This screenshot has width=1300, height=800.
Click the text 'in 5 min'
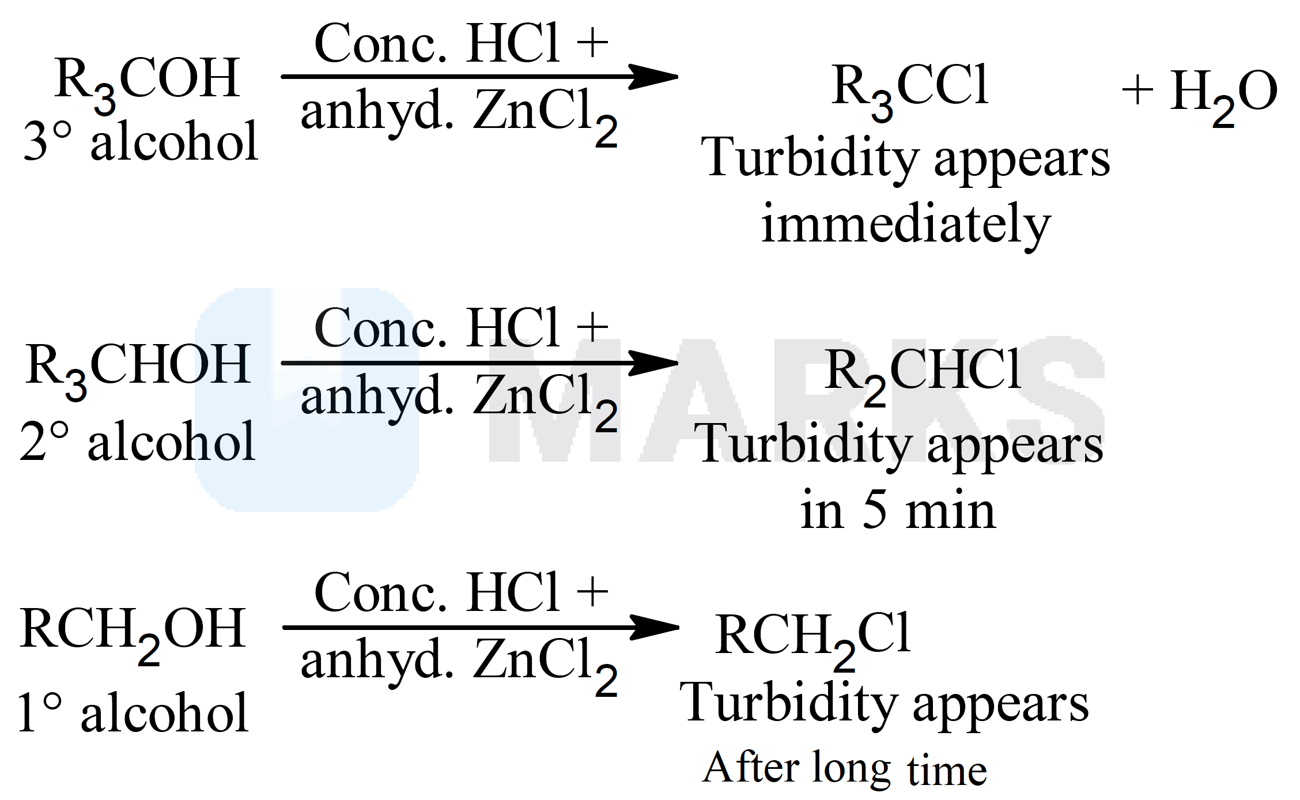(898, 511)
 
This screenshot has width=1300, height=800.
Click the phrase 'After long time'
(844, 769)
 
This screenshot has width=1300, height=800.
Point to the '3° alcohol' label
(141, 142)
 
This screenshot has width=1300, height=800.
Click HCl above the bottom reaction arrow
(513, 593)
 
